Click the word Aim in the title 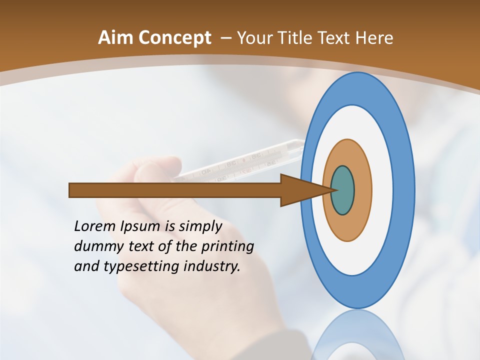tap(115, 38)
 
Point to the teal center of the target tap(343, 190)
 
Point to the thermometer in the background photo tap(240, 162)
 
